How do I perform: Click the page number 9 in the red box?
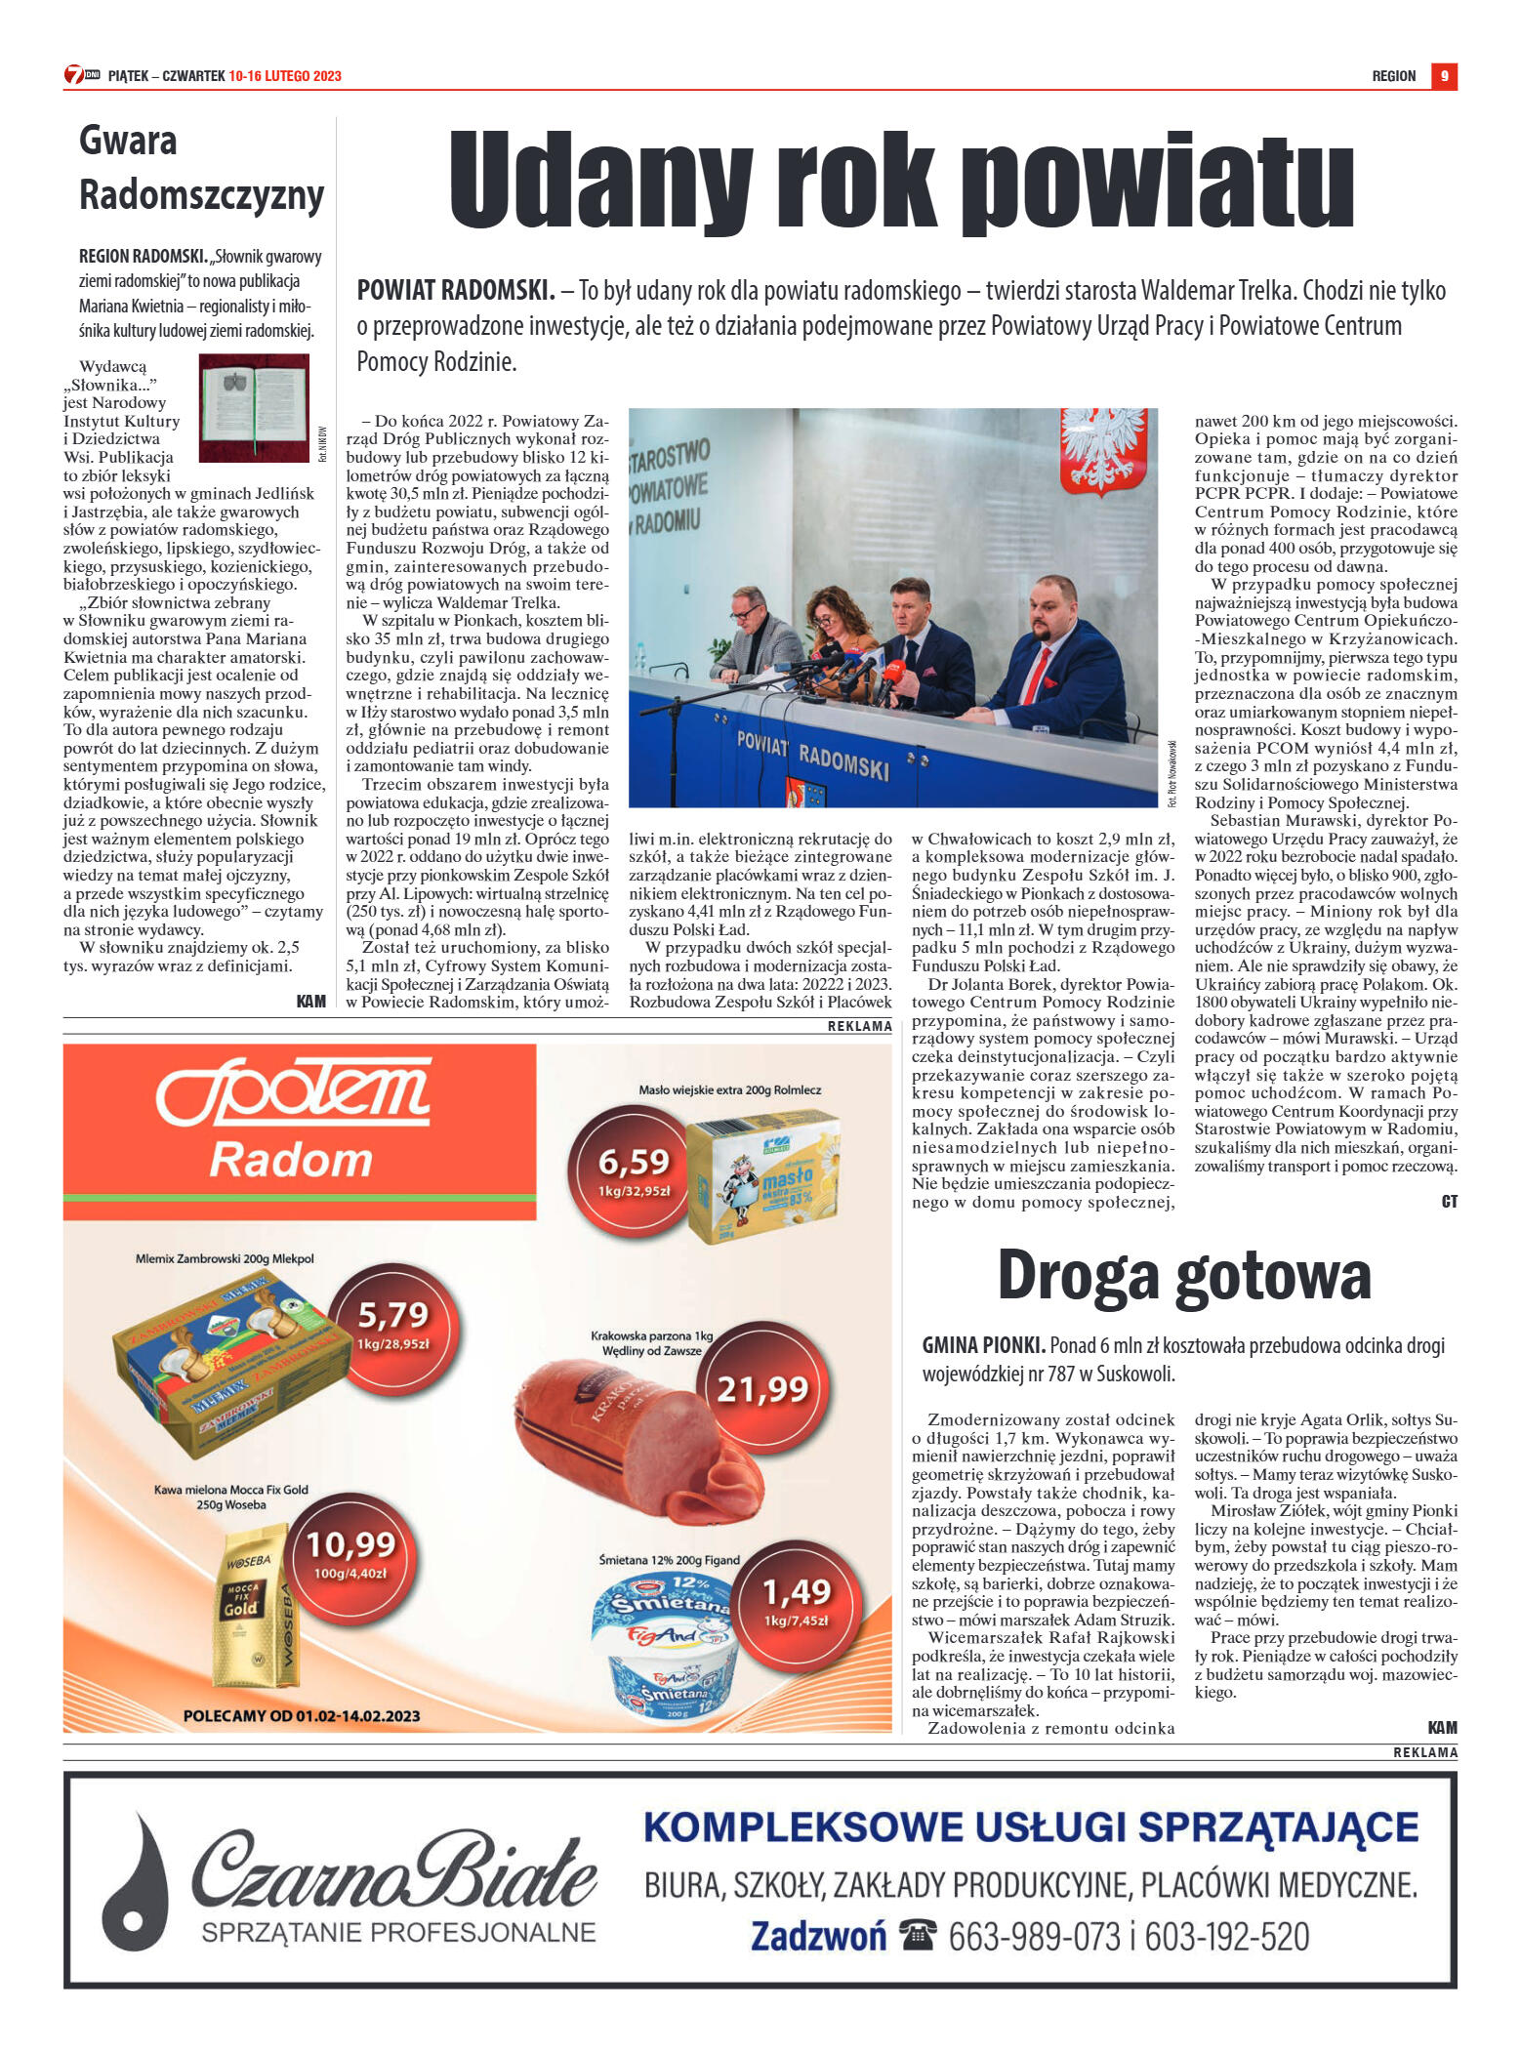click(1444, 76)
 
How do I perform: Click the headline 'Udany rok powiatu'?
click(900, 183)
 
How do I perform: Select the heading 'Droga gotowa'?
click(1183, 1275)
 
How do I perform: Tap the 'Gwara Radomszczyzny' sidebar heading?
click(201, 168)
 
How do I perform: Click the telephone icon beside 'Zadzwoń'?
click(917, 1934)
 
